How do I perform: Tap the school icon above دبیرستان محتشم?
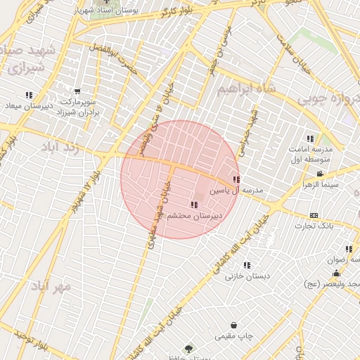[194, 205]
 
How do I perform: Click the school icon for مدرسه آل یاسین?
[236, 179]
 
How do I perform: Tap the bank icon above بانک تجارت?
[314, 215]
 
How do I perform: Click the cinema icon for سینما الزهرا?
[321, 174]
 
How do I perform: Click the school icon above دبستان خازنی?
[247, 265]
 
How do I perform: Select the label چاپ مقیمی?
[233, 337]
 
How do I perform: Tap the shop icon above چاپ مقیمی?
[233, 326]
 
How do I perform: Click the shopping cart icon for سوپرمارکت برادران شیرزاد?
[77, 91]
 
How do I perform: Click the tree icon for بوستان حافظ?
[188, 349]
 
